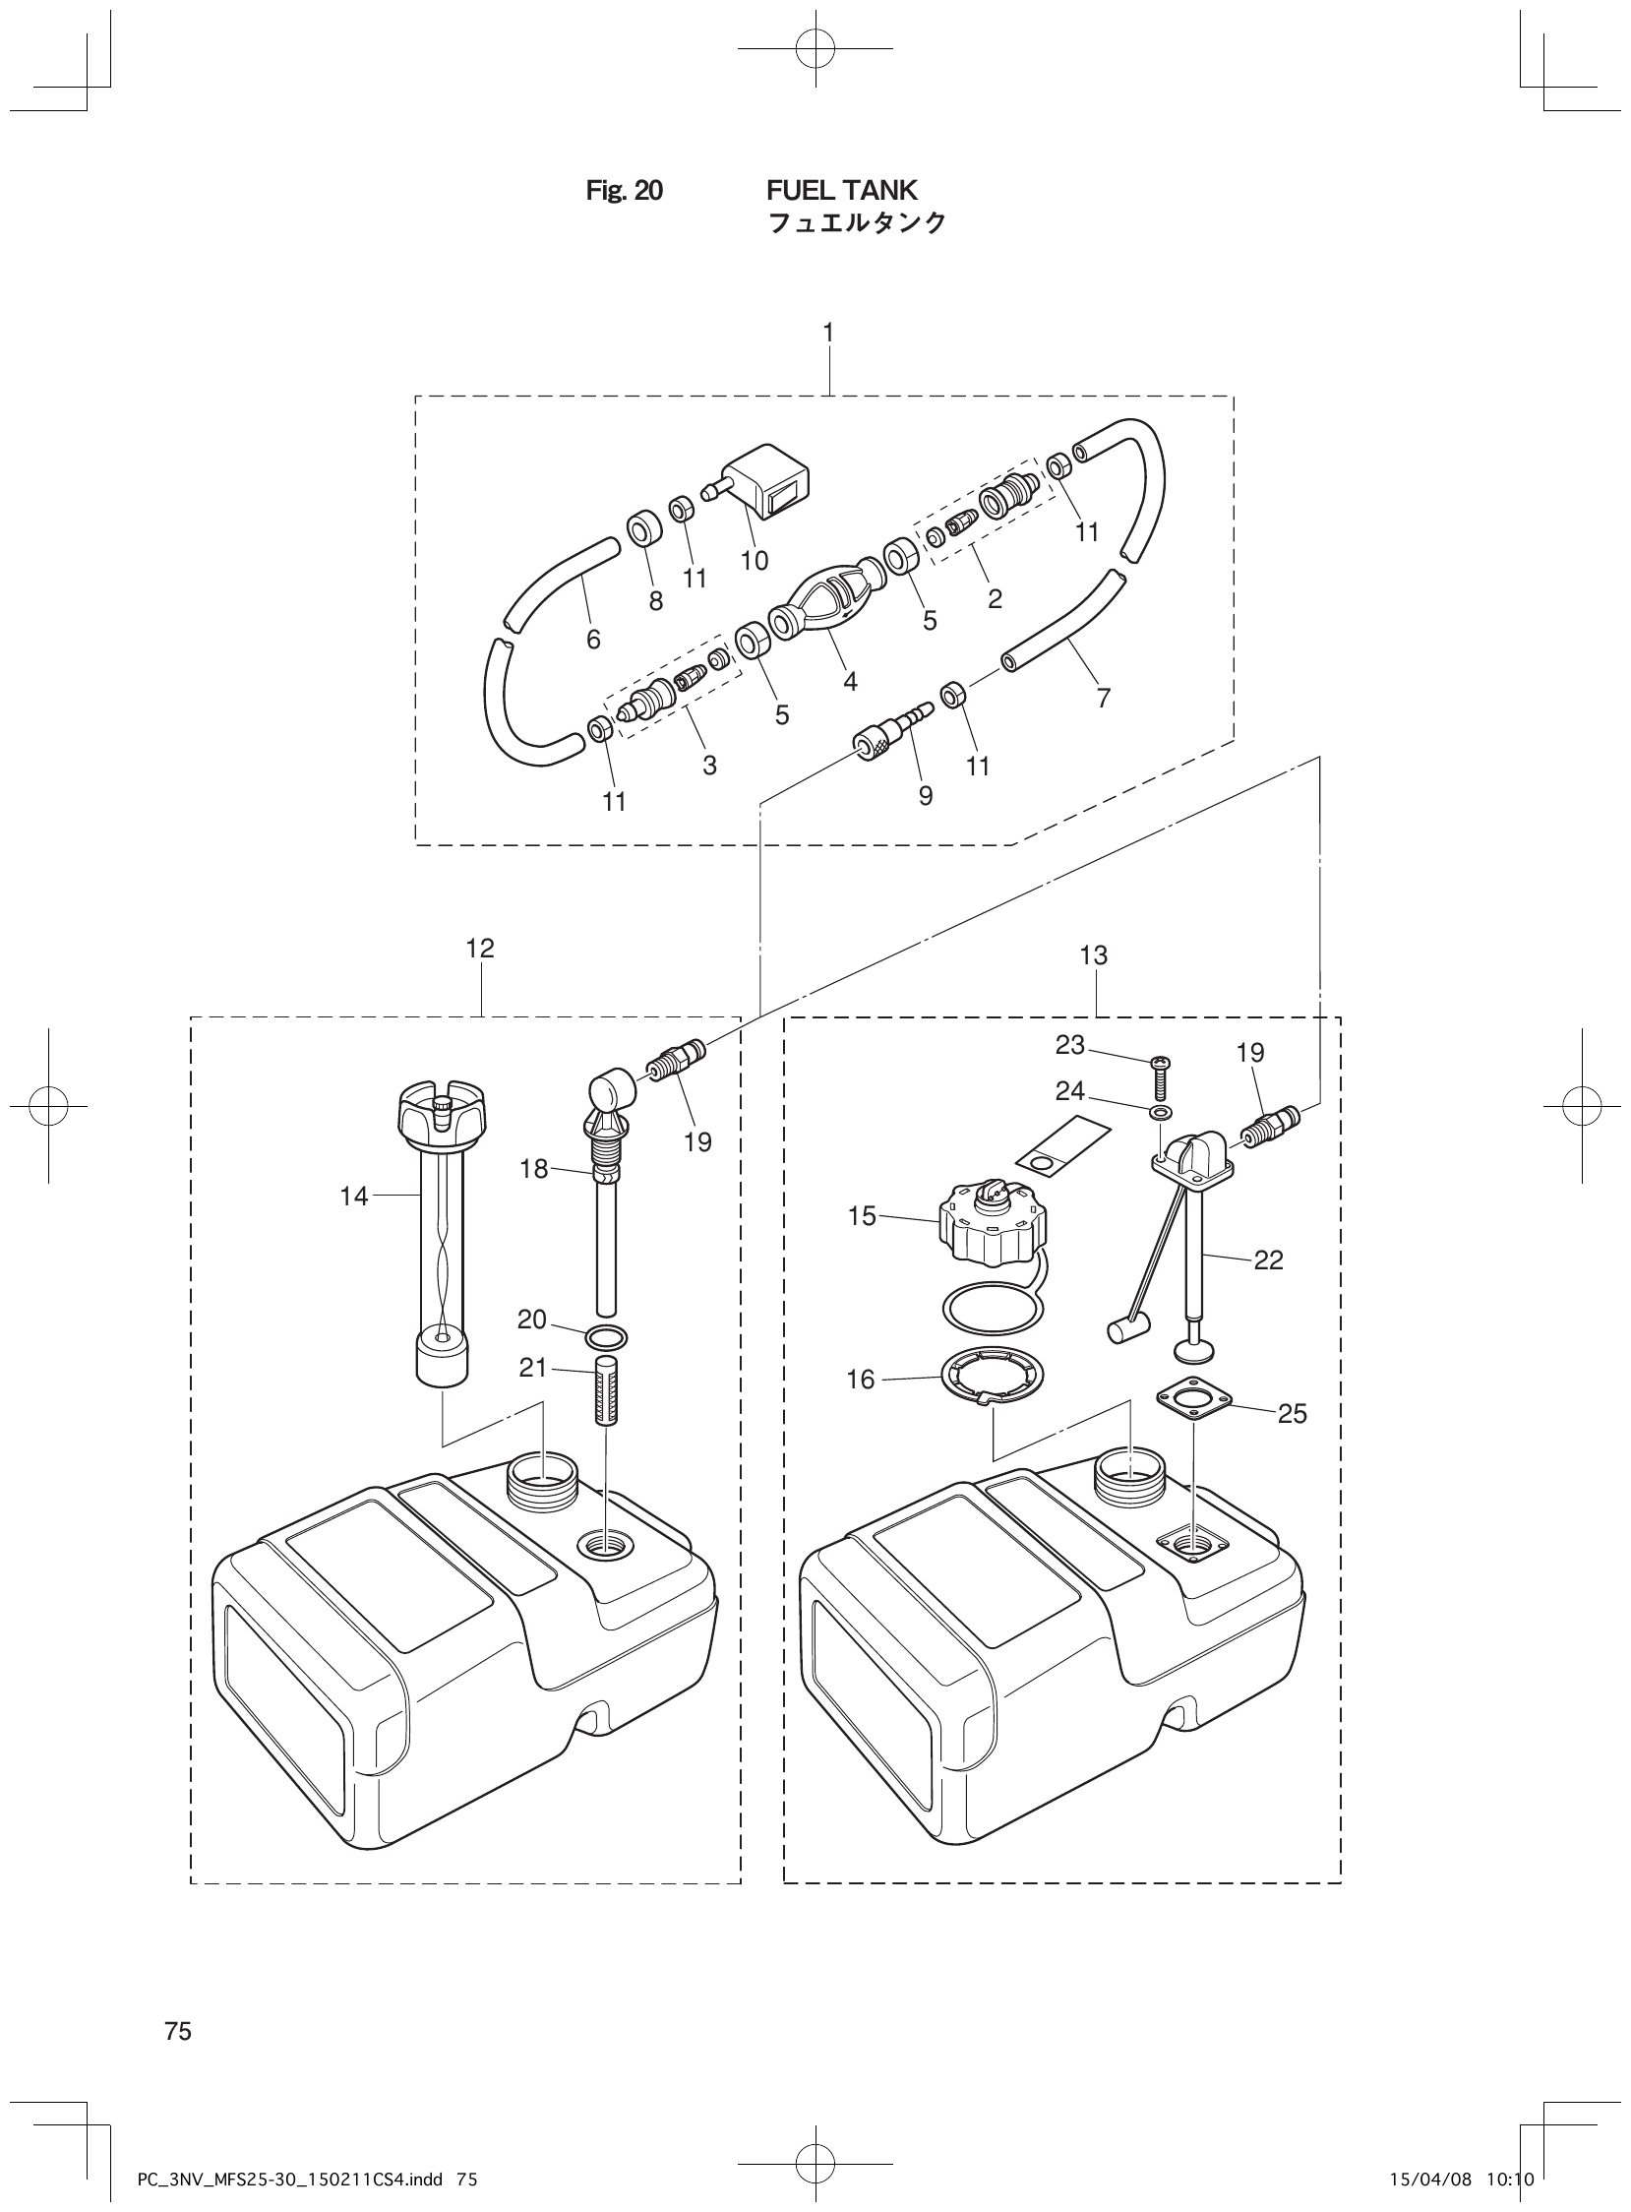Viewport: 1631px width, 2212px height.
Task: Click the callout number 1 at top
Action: [x=828, y=334]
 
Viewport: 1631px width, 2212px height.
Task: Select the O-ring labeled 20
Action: [x=605, y=1338]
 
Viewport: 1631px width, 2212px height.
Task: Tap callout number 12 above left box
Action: [x=480, y=949]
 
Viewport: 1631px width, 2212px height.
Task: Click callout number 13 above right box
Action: [x=1094, y=955]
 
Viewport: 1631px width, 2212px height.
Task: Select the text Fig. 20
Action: [x=624, y=190]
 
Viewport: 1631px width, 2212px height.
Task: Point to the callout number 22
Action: [x=1268, y=1260]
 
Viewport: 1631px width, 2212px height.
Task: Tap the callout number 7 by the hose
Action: [x=1103, y=699]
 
